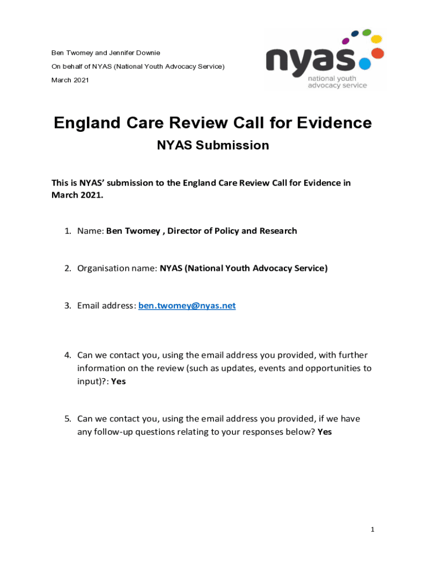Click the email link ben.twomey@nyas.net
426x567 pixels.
tap(186, 306)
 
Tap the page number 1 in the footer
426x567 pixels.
tap(373, 530)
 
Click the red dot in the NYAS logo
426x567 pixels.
tap(378, 53)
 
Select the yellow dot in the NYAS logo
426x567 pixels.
tap(376, 39)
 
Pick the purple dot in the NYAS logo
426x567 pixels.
tap(346, 40)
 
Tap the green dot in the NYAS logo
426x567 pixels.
tap(366, 33)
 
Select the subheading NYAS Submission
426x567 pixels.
tap(213, 146)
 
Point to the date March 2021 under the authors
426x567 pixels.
tap(70, 80)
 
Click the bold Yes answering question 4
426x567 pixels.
tap(118, 382)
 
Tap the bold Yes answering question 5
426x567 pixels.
tap(325, 432)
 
